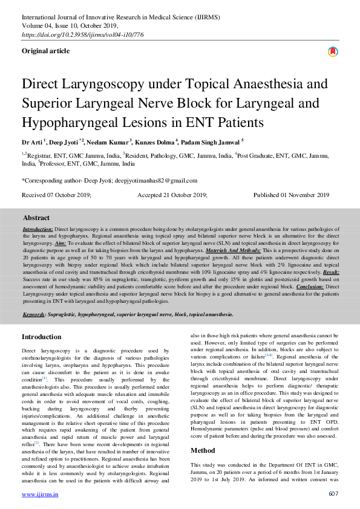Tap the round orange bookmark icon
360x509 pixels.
[x=333, y=52]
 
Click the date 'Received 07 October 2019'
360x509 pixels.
[x=56, y=195]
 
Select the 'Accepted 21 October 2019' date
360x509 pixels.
[x=172, y=195]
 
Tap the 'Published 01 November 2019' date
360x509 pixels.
[x=291, y=195]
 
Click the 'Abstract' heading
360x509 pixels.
[x=36, y=217]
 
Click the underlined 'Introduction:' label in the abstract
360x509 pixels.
[x=38, y=230]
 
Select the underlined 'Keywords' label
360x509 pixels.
[x=34, y=314]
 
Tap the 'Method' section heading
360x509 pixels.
[x=203, y=450]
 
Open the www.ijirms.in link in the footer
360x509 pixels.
[x=40, y=493]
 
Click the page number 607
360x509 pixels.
[x=333, y=493]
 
